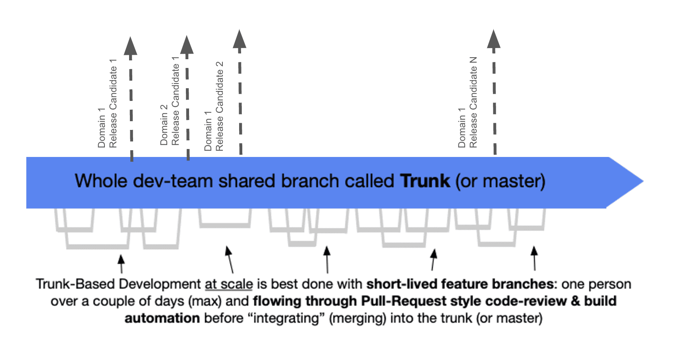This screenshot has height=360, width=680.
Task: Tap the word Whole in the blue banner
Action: (x=101, y=181)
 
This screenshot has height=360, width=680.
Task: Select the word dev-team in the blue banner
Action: (x=173, y=181)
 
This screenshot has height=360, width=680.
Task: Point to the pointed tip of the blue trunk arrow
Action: (x=643, y=181)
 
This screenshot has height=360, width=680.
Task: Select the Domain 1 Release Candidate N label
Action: (x=467, y=103)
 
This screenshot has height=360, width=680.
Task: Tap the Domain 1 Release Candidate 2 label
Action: (x=214, y=106)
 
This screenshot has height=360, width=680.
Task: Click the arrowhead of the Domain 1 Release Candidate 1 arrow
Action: (x=131, y=46)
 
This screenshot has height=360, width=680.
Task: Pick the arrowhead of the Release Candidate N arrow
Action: (x=494, y=39)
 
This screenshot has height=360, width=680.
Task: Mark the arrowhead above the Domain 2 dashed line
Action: (x=187, y=45)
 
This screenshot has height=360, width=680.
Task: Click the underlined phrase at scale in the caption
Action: (x=229, y=285)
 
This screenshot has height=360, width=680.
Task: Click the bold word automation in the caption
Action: (x=162, y=318)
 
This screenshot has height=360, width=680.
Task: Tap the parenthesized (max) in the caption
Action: (x=205, y=302)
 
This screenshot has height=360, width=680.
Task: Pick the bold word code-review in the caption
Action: (x=526, y=301)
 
